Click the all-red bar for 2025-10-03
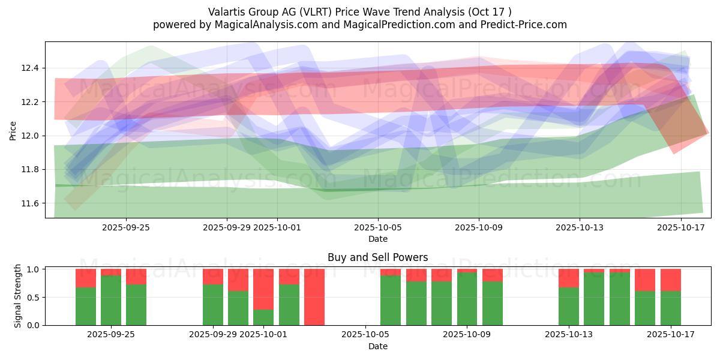coord(314,297)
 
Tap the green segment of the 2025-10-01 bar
coord(263,317)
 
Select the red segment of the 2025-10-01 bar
coord(263,289)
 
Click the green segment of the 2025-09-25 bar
coord(136,305)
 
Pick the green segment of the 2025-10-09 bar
coord(467,299)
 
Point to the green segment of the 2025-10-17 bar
coord(670,308)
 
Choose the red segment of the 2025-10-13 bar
coord(568,278)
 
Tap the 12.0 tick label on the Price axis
coord(30,136)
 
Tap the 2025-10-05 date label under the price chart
coord(378,227)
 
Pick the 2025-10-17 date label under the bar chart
coord(670,335)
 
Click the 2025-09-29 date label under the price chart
coord(227,227)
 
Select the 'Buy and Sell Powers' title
coord(378,257)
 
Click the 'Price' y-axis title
coord(13,130)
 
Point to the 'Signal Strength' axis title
coord(18,296)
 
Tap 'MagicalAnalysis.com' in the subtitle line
coord(257,25)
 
